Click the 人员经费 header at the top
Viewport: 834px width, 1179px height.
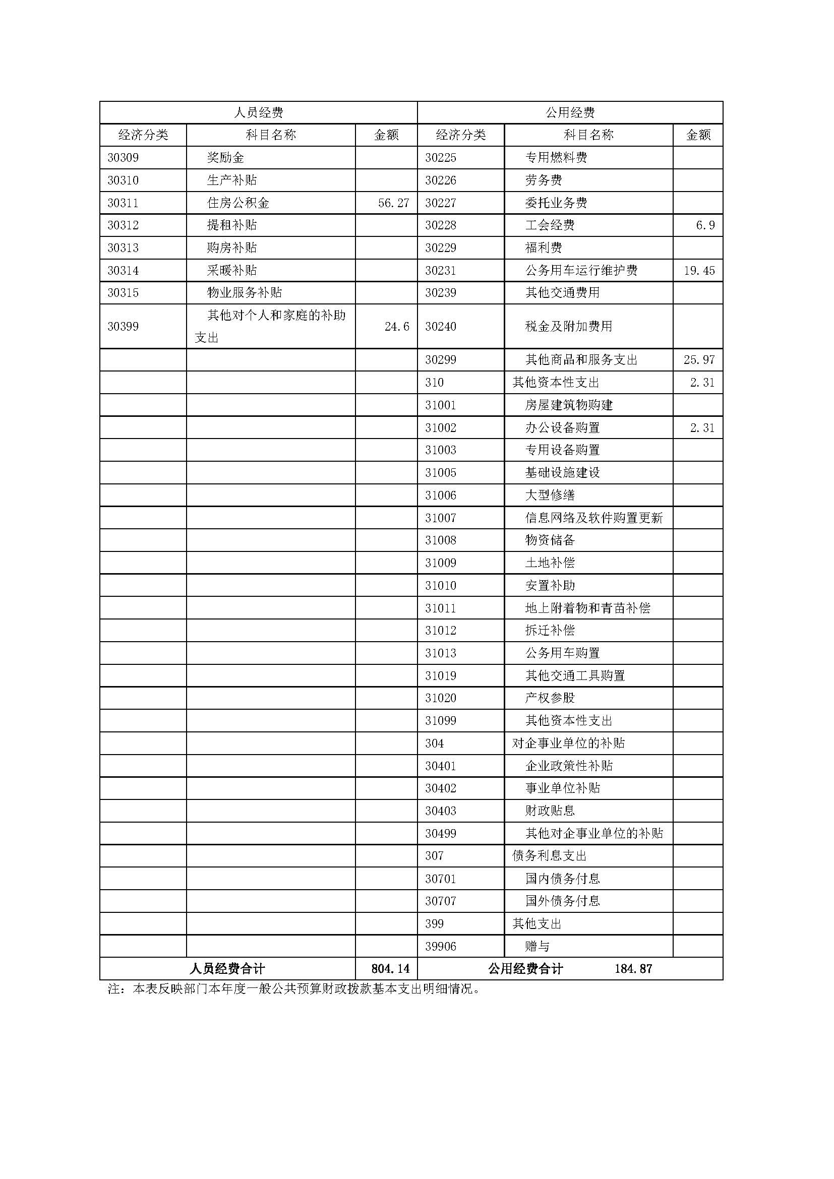[258, 112]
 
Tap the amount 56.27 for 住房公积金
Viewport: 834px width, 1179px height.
[393, 203]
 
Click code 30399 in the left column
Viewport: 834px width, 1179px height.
[123, 327]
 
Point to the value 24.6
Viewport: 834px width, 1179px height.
[396, 327]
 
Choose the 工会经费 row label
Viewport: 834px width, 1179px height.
[550, 225]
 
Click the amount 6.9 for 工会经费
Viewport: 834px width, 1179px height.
[705, 225]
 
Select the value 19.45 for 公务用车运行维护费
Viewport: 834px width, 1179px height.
[699, 271]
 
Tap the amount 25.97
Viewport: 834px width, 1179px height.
[699, 360]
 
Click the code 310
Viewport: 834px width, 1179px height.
[435, 383]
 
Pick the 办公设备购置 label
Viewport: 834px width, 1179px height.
[562, 428]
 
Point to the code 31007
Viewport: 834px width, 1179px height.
[441, 518]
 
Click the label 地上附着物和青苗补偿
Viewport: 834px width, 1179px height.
[587, 608]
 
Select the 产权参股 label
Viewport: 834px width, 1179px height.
[550, 698]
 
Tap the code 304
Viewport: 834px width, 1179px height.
[435, 743]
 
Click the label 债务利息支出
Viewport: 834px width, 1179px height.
[550, 856]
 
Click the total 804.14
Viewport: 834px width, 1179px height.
[390, 969]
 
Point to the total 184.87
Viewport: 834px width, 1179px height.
[633, 969]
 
